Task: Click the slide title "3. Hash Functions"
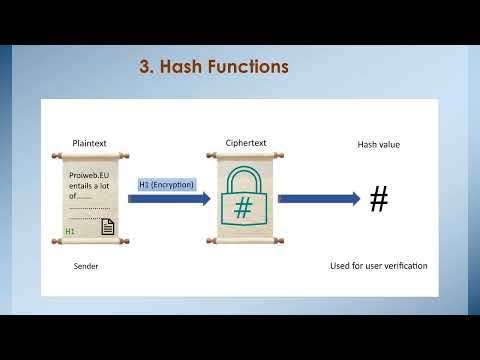(x=213, y=67)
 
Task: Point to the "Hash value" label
(x=378, y=145)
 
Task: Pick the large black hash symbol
(x=378, y=199)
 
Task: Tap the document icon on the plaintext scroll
(x=107, y=227)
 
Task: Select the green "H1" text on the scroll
(x=70, y=231)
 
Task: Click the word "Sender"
(x=87, y=267)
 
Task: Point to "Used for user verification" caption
(x=378, y=266)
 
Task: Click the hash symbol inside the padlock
(x=242, y=209)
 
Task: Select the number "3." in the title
(x=146, y=67)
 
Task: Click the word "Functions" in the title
(x=249, y=67)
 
